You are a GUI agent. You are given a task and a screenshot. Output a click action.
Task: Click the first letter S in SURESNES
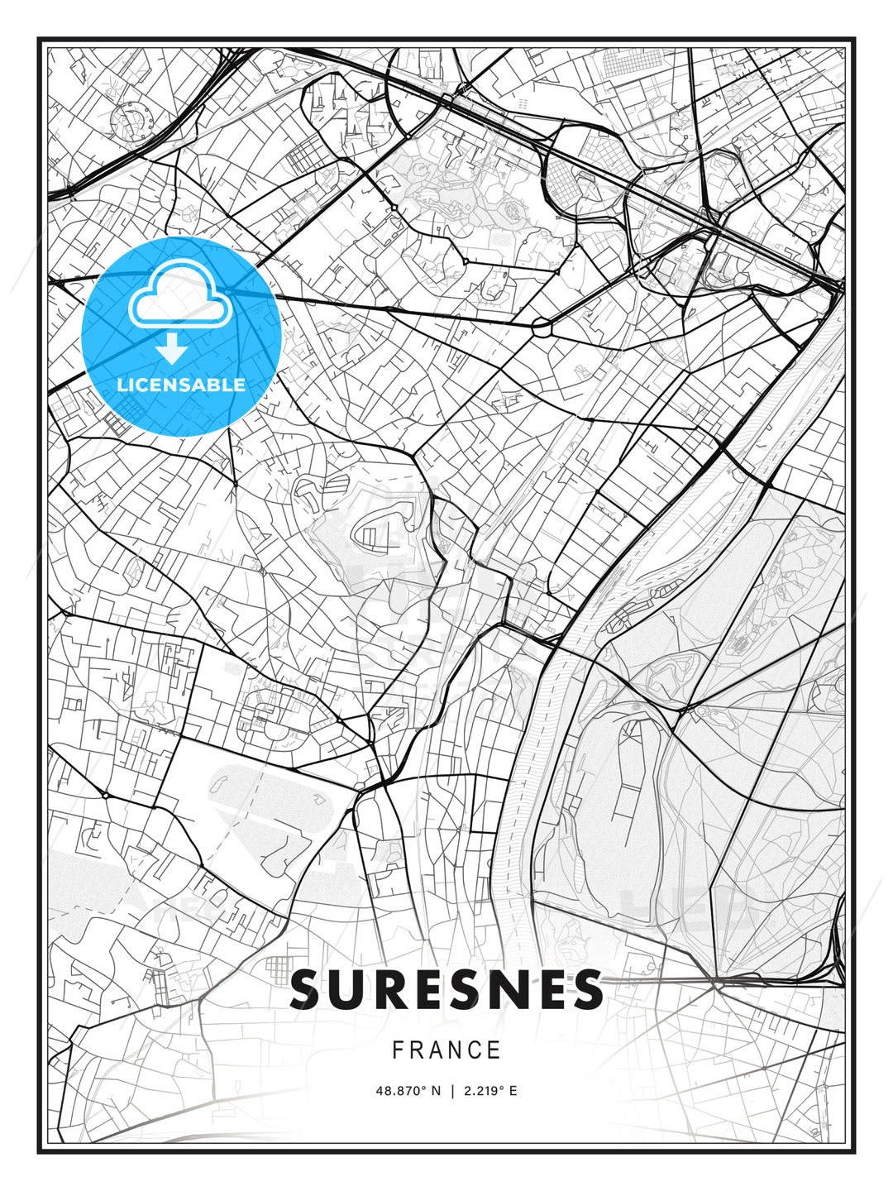pyautogui.click(x=308, y=989)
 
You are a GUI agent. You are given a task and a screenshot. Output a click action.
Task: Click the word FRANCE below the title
pyautogui.click(x=446, y=1050)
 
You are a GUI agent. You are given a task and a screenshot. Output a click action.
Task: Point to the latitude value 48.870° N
pyautogui.click(x=408, y=1091)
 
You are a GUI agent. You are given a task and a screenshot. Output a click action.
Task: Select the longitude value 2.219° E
pyautogui.click(x=490, y=1091)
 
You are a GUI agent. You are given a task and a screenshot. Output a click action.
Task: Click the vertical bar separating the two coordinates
pyautogui.click(x=452, y=1091)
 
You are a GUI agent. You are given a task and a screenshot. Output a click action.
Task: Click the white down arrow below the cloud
pyautogui.click(x=172, y=349)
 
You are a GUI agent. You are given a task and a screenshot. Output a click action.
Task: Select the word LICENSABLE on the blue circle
pyautogui.click(x=181, y=385)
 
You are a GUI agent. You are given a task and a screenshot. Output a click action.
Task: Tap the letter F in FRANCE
pyautogui.click(x=398, y=1050)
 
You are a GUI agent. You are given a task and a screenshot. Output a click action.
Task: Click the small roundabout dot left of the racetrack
pyautogui.click(x=105, y=795)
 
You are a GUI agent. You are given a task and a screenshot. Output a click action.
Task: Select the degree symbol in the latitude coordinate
pyautogui.click(x=423, y=1088)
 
